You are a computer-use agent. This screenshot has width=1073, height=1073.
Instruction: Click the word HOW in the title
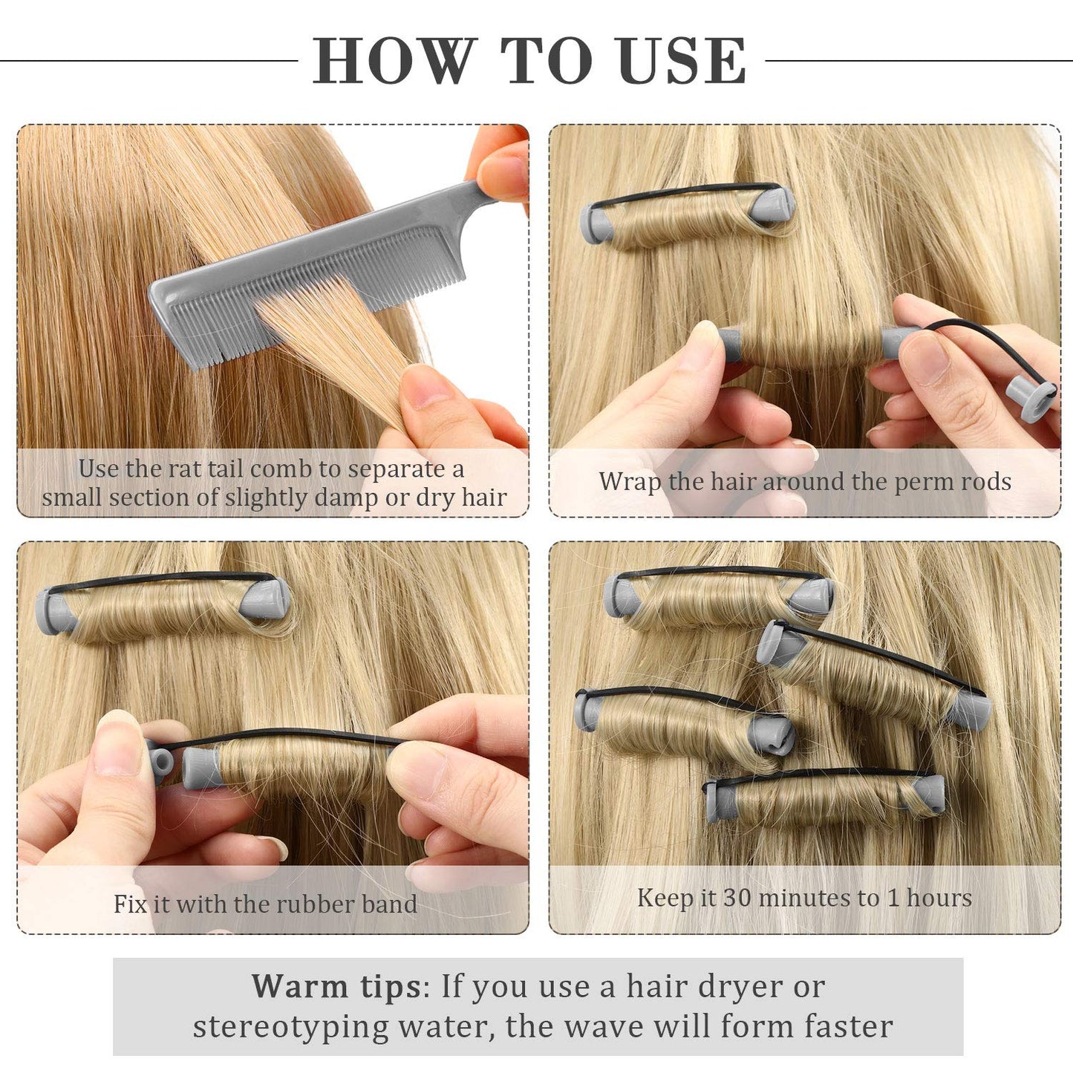click(394, 61)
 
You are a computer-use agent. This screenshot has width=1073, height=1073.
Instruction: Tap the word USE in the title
click(681, 61)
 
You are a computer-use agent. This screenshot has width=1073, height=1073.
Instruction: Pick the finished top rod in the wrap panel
click(687, 215)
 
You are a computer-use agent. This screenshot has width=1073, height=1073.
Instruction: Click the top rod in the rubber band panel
click(163, 605)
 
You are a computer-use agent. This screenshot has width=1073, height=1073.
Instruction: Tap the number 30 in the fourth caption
click(737, 898)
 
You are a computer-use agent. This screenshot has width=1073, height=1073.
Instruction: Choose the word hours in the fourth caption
click(939, 898)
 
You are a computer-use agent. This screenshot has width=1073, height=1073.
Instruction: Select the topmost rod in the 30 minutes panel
click(719, 596)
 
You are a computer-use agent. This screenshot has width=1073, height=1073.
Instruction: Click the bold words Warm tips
click(336, 987)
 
